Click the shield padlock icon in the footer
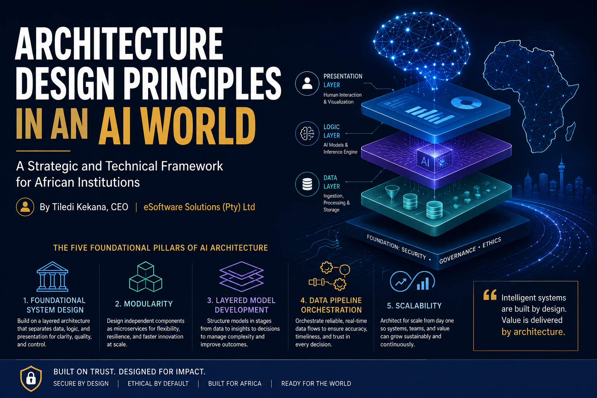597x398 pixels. click(x=31, y=378)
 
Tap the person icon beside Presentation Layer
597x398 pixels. click(x=307, y=84)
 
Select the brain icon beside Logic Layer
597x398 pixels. click(x=307, y=134)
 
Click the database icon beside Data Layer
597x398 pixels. click(x=307, y=184)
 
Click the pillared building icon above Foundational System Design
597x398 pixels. click(x=52, y=276)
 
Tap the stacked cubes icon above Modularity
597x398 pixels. click(x=145, y=277)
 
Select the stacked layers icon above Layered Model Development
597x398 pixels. click(x=241, y=276)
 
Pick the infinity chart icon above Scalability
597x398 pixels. click(x=412, y=281)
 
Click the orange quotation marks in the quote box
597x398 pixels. click(x=490, y=295)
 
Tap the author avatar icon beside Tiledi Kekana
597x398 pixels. click(x=25, y=207)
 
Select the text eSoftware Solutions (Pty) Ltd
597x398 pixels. click(x=199, y=207)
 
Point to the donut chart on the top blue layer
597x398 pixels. click(x=466, y=103)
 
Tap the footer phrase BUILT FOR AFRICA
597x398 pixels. click(x=235, y=384)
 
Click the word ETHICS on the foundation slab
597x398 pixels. click(x=492, y=243)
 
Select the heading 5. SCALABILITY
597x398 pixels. click(x=414, y=306)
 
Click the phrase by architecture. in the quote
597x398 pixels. click(x=533, y=332)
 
